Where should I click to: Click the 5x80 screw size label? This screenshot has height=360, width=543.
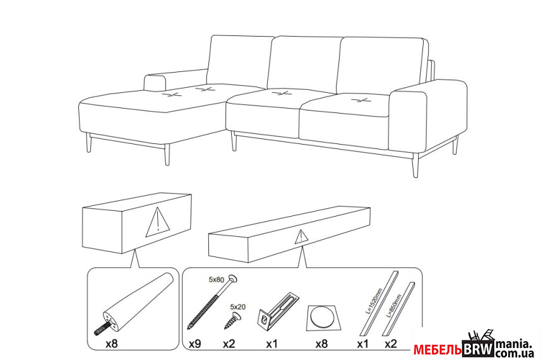click(x=216, y=279)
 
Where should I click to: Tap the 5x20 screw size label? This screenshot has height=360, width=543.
click(x=237, y=307)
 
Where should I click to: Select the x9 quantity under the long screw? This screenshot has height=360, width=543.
click(x=194, y=344)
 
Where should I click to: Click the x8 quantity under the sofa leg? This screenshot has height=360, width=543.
click(x=112, y=344)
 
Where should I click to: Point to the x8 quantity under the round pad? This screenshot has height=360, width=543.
click(x=321, y=344)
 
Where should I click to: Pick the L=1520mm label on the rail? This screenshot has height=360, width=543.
click(x=374, y=301)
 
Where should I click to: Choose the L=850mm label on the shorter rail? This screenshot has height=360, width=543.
click(x=395, y=306)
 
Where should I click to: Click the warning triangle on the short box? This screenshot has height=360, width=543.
click(x=158, y=222)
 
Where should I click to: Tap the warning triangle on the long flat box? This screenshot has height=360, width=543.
click(x=301, y=237)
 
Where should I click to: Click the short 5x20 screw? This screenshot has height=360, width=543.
click(x=232, y=320)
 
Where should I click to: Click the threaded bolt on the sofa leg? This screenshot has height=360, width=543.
click(x=102, y=328)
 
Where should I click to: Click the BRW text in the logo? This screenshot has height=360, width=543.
click(x=478, y=349)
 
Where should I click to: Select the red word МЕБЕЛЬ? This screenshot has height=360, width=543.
click(x=438, y=349)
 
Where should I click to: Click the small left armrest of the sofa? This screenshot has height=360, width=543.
click(x=155, y=83)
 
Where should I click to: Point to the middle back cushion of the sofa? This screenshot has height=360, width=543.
click(x=304, y=64)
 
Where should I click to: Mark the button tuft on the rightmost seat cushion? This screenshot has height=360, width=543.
click(x=359, y=100)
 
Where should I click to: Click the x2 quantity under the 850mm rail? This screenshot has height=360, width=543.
click(x=391, y=344)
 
